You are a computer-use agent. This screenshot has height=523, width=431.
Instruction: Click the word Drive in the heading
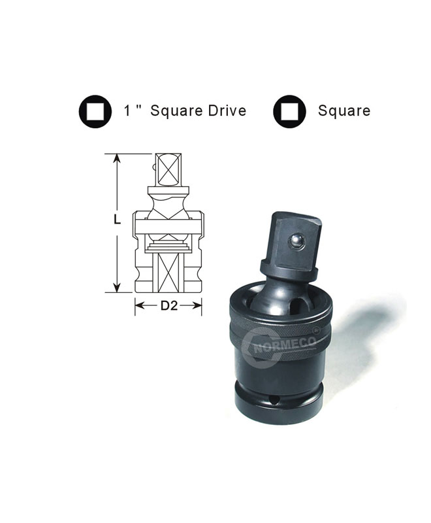pos(227,110)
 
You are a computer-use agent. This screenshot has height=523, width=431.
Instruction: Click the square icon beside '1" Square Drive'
pos(95,111)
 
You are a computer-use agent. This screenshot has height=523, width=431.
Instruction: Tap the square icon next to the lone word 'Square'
pos(289,111)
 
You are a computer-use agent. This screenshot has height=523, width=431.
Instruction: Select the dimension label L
pos(117,220)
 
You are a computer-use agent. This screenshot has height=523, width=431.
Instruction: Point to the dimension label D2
pos(169,305)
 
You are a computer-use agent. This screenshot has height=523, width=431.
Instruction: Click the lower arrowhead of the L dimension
pos(117,288)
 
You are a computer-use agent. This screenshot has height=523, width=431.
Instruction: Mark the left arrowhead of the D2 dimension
pos(139,305)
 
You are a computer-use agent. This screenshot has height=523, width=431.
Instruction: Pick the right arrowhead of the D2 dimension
pos(197,305)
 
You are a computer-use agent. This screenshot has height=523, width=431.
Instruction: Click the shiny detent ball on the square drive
pos(296,241)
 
